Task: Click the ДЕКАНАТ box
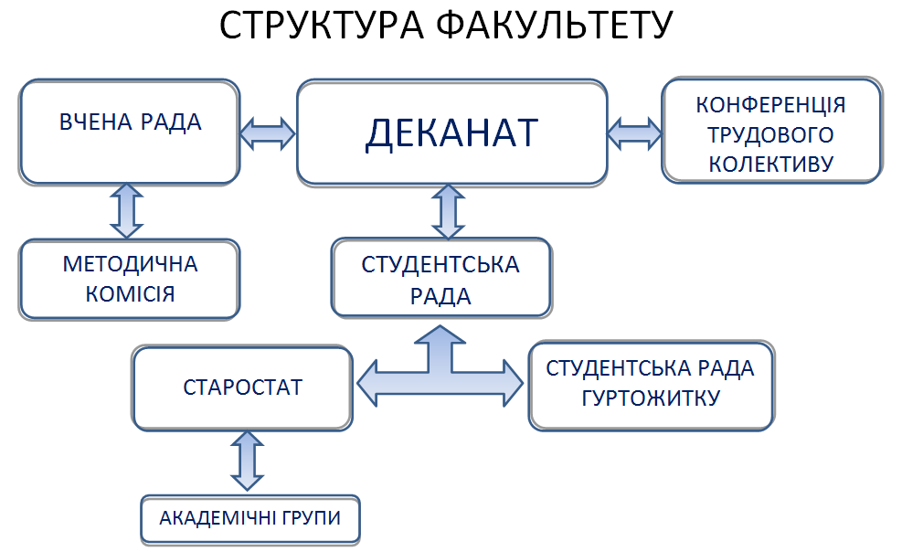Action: (451, 133)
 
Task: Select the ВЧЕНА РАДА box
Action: (130, 132)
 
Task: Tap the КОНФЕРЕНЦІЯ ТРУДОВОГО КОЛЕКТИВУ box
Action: (771, 132)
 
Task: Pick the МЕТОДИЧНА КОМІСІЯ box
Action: (130, 279)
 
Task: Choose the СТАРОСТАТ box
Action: (242, 387)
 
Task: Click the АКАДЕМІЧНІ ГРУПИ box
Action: (249, 518)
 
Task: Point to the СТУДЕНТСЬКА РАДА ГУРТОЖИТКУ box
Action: (651, 385)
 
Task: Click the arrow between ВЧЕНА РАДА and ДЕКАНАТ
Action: (268, 133)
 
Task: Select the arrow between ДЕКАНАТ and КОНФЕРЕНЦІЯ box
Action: (635, 132)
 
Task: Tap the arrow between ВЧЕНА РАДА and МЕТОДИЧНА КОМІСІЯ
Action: (127, 210)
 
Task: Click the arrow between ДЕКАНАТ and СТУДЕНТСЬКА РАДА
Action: (448, 210)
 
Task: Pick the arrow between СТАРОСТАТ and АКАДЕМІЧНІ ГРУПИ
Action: (247, 462)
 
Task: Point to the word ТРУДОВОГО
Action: (771, 135)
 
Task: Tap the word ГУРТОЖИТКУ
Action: (651, 399)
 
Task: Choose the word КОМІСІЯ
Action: (130, 294)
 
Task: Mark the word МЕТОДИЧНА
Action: (130, 264)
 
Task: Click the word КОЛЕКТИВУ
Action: (771, 165)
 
